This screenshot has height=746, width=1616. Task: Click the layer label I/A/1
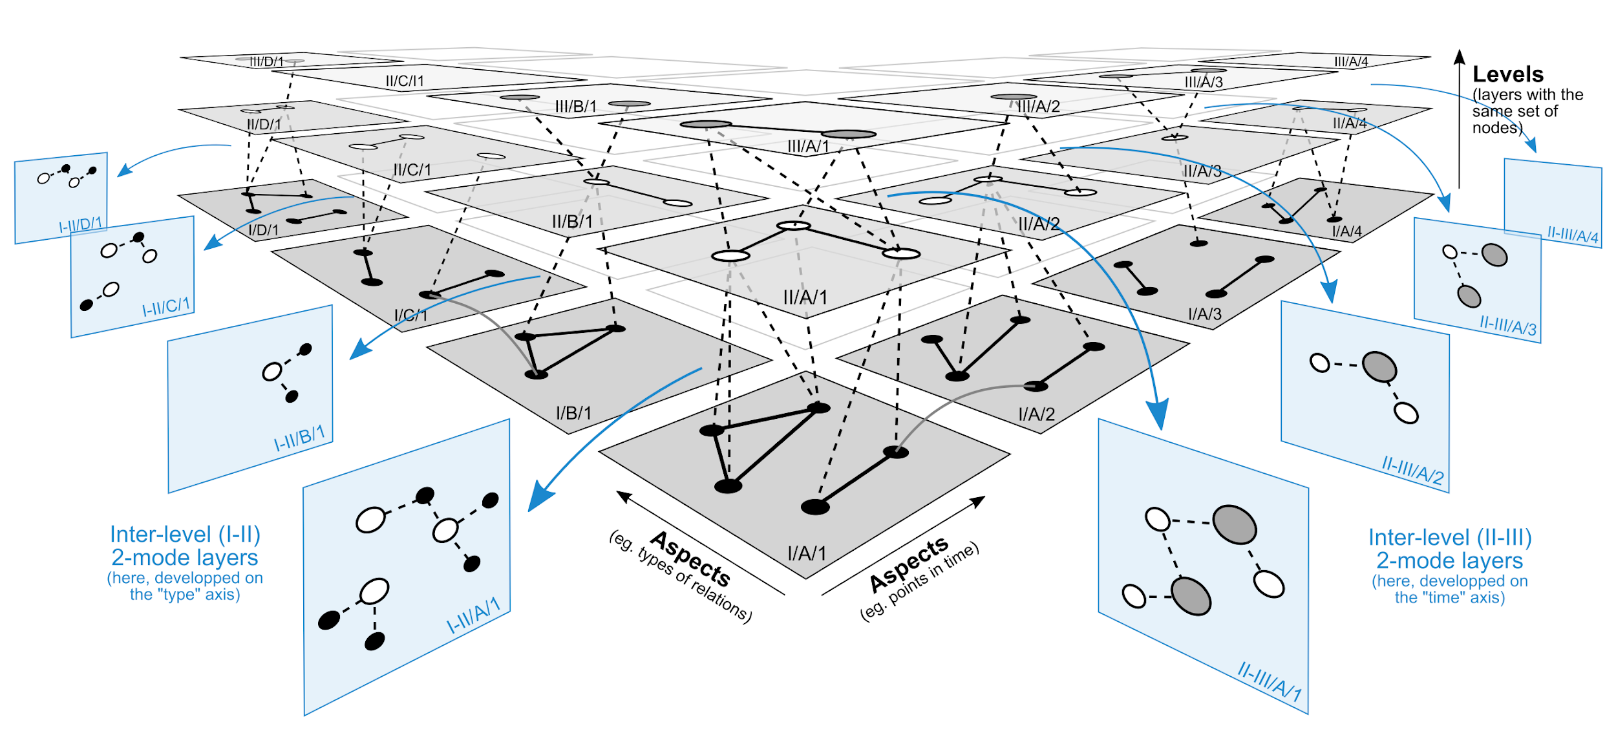coord(806,553)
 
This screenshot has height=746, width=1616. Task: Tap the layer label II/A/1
coord(805,297)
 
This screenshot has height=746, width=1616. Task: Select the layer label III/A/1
coord(808,147)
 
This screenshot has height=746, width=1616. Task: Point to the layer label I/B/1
coord(573,413)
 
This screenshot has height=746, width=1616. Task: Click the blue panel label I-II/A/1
coord(474,615)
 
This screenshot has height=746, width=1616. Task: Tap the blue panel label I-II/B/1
coord(299,438)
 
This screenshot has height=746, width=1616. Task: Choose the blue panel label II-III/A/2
coord(1412,470)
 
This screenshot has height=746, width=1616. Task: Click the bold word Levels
coord(1507,74)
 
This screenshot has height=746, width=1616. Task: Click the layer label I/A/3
coord(1205,314)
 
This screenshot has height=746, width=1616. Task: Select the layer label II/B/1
coord(572,222)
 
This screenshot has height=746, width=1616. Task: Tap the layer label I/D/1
coord(263,230)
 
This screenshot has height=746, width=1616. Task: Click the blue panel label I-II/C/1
coord(166,307)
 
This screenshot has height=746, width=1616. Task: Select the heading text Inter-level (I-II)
coord(185,535)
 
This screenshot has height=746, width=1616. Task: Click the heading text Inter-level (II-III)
coord(1450,538)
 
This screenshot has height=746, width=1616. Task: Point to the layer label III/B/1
coord(575,106)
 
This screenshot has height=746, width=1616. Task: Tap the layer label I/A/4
coord(1346,231)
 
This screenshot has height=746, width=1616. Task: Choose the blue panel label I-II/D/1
coord(81,225)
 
